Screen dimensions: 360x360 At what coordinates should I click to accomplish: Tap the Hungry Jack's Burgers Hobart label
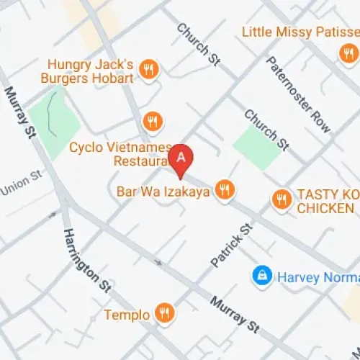point(91,71)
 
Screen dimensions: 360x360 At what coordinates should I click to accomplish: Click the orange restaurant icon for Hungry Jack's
point(149,69)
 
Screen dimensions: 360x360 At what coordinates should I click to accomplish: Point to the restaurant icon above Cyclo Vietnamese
point(151,120)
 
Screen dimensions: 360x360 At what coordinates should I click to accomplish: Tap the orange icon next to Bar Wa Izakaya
point(225,190)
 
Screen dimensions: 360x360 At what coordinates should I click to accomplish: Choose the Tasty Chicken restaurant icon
point(281,198)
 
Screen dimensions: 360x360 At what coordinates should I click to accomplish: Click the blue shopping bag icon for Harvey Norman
point(261,274)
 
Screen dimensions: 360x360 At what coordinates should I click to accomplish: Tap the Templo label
point(127,314)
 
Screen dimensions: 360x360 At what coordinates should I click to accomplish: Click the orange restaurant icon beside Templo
point(165,312)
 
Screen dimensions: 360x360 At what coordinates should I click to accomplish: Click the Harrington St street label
point(86,260)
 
